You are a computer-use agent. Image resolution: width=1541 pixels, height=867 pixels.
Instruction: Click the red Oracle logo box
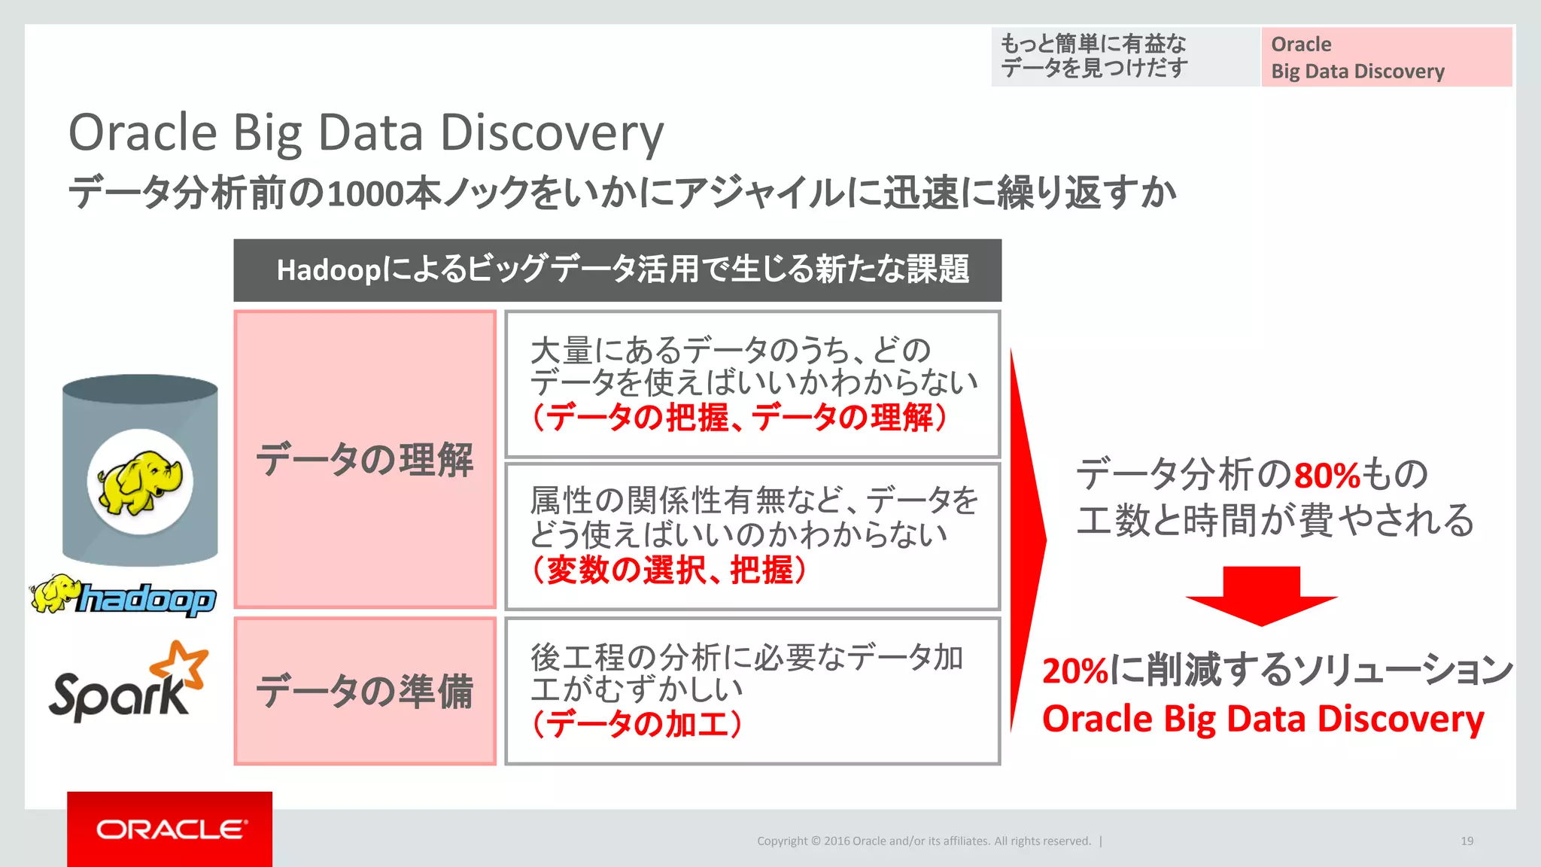[169, 829]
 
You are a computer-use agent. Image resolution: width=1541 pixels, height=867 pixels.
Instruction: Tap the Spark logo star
[181, 663]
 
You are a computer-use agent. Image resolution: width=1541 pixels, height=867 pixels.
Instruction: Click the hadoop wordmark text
[147, 600]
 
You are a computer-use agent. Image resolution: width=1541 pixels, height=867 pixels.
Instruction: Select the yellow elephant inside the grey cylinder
[140, 482]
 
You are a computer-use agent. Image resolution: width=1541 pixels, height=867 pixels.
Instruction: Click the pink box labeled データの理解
[365, 459]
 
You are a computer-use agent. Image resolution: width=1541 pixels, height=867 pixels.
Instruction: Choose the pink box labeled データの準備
[365, 691]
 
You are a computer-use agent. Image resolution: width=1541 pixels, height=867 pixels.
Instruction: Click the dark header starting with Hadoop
[617, 270]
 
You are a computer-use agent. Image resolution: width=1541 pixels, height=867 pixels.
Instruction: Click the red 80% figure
[1327, 476]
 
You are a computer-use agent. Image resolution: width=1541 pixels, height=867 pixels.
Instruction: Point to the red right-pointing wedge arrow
[1026, 539]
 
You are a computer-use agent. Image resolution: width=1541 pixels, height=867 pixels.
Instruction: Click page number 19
[1467, 841]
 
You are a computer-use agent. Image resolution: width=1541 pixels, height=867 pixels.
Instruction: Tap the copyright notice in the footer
[923, 841]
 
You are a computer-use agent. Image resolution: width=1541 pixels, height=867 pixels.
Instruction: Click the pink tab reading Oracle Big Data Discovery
[1386, 57]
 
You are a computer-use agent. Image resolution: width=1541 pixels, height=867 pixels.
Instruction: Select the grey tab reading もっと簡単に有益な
[1125, 57]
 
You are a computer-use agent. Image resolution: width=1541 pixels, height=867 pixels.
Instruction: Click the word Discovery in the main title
[552, 133]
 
